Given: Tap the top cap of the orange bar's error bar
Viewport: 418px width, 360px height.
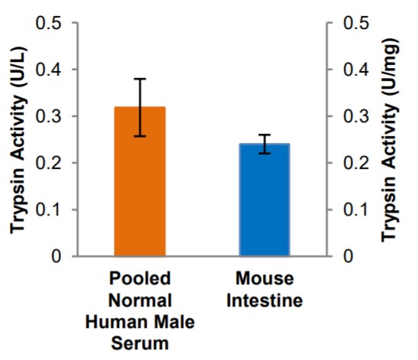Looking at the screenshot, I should coord(140,79).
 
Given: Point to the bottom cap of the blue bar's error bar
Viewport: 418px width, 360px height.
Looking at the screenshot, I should coord(264,154).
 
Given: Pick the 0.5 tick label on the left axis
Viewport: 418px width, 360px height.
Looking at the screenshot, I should coord(51,23).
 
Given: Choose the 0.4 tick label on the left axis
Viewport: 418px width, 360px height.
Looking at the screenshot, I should coord(51,70).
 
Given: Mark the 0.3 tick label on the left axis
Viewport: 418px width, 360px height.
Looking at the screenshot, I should coord(51,116).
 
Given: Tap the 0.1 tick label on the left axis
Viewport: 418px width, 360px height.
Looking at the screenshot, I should coord(51,209).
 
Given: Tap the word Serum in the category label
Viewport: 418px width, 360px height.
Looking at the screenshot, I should coord(140,343).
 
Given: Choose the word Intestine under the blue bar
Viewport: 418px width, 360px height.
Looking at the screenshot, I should coord(264,300).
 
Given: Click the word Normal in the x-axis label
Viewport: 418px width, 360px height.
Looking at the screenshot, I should coord(140,300).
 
